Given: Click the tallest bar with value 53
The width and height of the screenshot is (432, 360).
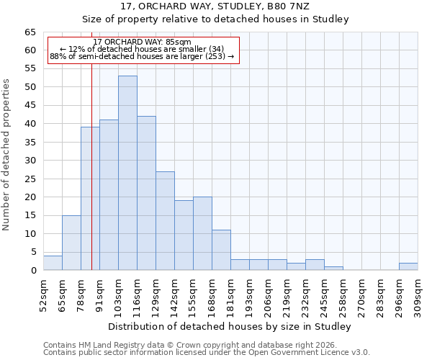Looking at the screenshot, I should tap(127, 173).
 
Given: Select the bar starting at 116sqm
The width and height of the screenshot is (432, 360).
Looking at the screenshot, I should tap(146, 193).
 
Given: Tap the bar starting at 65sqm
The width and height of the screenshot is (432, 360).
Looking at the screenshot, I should tap(71, 243).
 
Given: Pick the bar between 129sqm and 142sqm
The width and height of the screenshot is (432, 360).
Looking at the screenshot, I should tap(165, 220).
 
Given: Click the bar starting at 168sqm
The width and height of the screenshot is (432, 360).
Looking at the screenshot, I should tap(221, 250).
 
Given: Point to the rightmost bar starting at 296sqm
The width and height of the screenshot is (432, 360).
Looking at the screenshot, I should tap(408, 266).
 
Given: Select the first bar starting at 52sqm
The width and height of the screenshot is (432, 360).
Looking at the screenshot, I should tap(53, 263).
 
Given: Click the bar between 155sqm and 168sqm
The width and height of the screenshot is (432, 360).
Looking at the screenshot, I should tap(202, 233).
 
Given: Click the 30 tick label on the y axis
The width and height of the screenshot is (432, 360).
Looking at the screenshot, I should tap(30, 161).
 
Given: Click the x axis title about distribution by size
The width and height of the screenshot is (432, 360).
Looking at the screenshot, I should tap(230, 326).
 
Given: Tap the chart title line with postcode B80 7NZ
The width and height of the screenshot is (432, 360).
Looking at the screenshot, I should tap(215, 6).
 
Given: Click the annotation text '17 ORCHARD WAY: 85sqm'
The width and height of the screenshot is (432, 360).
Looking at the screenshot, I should tap(142, 42).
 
